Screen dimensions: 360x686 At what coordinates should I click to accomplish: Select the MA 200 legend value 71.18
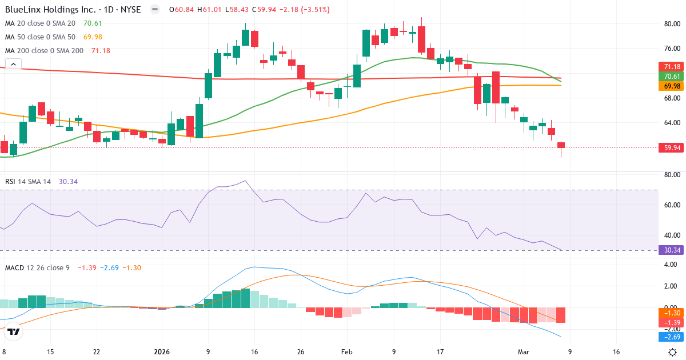pos(101,51)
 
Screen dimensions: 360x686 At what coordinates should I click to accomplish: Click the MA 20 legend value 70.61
pos(93,23)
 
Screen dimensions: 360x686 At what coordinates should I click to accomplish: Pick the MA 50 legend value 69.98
pos(93,37)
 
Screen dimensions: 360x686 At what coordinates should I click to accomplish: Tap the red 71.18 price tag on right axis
pos(672,67)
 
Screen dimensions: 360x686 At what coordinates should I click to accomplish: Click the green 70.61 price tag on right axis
pos(672,77)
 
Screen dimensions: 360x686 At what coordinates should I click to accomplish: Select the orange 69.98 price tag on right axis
pos(672,86)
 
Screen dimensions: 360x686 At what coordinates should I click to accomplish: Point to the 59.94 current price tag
pos(672,147)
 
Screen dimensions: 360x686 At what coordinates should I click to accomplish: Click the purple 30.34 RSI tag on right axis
pos(672,250)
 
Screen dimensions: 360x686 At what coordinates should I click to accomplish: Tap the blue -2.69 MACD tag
pos(672,338)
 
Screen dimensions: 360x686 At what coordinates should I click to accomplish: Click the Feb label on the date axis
pos(347,352)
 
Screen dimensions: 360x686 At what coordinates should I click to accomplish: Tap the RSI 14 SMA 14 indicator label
pos(28,181)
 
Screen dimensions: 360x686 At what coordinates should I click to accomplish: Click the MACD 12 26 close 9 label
pos(37,267)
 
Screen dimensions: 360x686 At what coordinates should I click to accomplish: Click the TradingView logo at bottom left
pos(14,331)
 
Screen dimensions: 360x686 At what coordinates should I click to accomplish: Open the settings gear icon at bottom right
pos(673,352)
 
